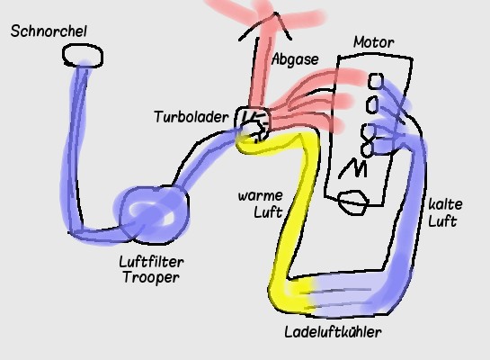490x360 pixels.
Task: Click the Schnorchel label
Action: pyautogui.click(x=49, y=31)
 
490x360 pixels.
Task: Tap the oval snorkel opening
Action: pyautogui.click(x=83, y=56)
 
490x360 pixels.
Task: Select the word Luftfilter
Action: pyautogui.click(x=152, y=262)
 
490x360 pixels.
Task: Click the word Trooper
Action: pyautogui.click(x=151, y=277)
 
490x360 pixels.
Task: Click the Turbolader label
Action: pyautogui.click(x=192, y=117)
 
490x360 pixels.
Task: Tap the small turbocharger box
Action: pyautogui.click(x=253, y=124)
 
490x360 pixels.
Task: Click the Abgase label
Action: pyautogui.click(x=295, y=59)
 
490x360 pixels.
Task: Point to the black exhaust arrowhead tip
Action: pyautogui.click(x=275, y=13)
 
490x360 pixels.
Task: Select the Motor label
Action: pyautogui.click(x=374, y=42)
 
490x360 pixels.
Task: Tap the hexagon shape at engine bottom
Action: pyautogui.click(x=353, y=202)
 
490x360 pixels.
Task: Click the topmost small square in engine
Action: pyautogui.click(x=375, y=81)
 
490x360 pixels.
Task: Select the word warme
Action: pyautogui.click(x=261, y=196)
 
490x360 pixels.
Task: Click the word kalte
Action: pyautogui.click(x=445, y=204)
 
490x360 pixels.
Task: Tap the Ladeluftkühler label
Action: pyautogui.click(x=334, y=332)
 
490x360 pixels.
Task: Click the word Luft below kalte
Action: pyautogui.click(x=442, y=221)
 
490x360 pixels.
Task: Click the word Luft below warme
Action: pyautogui.click(x=268, y=212)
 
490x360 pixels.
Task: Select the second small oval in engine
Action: pyautogui.click(x=372, y=104)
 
